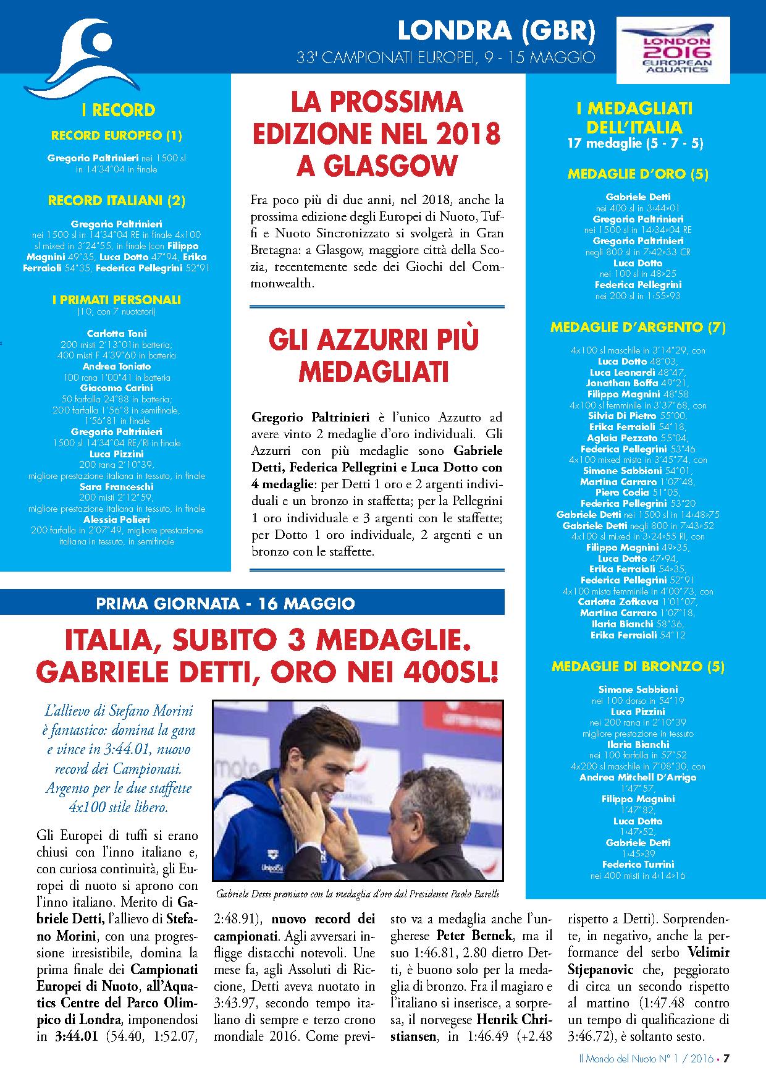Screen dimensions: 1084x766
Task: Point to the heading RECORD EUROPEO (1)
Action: coord(117,135)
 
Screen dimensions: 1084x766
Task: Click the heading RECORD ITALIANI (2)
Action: coord(117,200)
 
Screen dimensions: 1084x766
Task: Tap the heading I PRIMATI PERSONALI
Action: coord(117,300)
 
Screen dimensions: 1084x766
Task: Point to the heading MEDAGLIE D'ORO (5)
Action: coord(638,174)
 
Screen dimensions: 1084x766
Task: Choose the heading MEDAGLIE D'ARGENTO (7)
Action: coord(638,327)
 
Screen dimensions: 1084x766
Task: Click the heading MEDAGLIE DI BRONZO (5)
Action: coord(638,666)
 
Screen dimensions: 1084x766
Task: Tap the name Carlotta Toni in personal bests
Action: coord(117,333)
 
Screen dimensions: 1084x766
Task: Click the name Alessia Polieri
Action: coord(117,520)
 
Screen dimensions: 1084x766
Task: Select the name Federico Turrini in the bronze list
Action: coord(638,864)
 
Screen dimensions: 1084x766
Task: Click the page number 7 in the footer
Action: coord(727,1058)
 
